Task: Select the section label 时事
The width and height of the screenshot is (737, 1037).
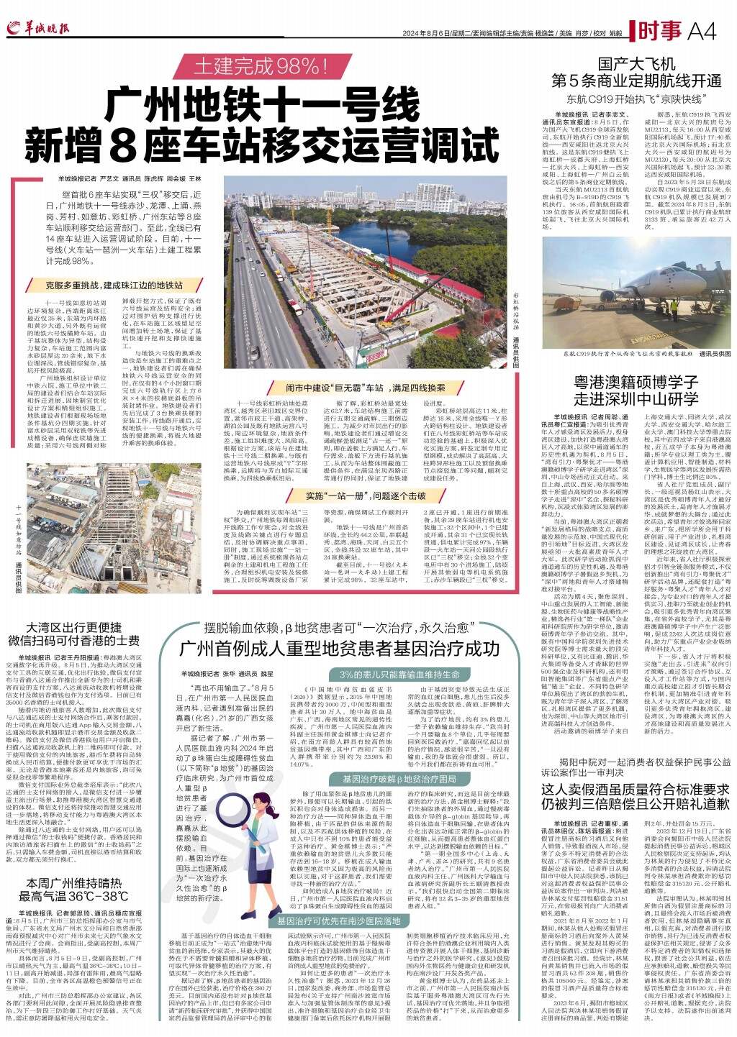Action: coord(659,31)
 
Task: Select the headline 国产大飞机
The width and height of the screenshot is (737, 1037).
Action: coord(636,63)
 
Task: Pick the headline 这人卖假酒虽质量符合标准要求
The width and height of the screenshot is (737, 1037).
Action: coord(637,787)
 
